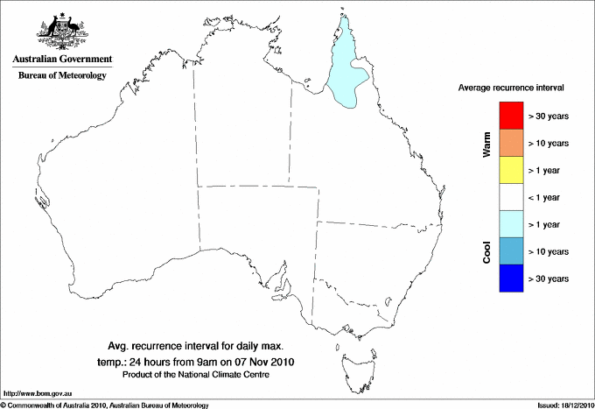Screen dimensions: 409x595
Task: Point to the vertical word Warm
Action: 486,144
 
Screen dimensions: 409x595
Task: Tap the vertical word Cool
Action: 486,252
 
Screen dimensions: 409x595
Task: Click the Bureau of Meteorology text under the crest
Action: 61,76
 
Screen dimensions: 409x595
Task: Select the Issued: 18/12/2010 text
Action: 561,405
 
